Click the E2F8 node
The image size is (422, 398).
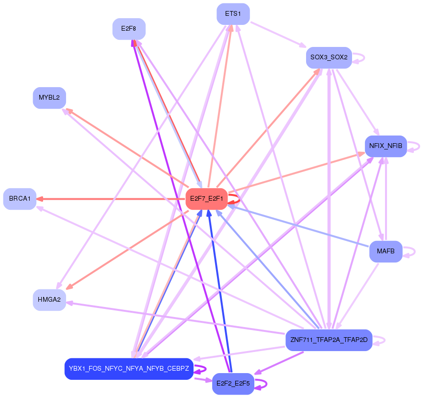pyautogui.click(x=129, y=29)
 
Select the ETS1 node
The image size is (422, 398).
pyautogui.click(x=233, y=13)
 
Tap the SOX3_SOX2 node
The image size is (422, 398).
pyautogui.click(x=329, y=57)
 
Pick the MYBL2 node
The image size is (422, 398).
pyautogui.click(x=49, y=98)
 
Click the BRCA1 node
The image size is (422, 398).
pyautogui.click(x=20, y=199)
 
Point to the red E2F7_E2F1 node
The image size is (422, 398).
pyautogui.click(x=206, y=199)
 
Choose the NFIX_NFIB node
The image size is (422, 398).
pyautogui.click(x=386, y=146)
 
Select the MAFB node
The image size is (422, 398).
pyautogui.click(x=385, y=251)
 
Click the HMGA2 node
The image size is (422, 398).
pyautogui.click(x=49, y=300)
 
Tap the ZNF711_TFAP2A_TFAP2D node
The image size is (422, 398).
pyautogui.click(x=329, y=340)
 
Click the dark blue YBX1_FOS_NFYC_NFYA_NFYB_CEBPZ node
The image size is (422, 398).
pyautogui.click(x=128, y=369)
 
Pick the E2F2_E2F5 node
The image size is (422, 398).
pyautogui.click(x=233, y=384)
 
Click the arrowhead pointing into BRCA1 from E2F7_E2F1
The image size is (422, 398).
pyautogui.click(x=40, y=199)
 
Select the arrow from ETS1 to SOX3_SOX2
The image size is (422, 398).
pyautogui.click(x=278, y=34)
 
